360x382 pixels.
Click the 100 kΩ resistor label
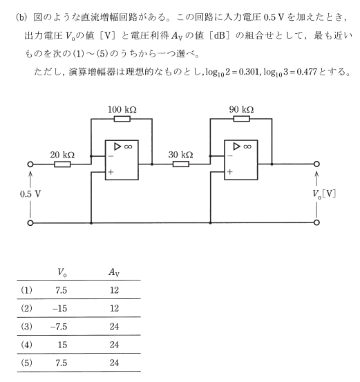[x=122, y=109]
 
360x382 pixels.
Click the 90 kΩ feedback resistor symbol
[x=241, y=119]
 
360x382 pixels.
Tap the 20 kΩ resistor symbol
[x=62, y=164]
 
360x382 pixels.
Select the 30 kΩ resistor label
[x=180, y=155]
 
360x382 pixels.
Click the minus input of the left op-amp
[x=111, y=156]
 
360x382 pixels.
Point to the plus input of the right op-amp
[x=230, y=172]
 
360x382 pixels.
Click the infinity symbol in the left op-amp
[x=129, y=146]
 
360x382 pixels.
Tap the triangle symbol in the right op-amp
[x=236, y=146]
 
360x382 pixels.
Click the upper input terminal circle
[x=30, y=164]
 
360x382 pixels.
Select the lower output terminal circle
[x=316, y=222]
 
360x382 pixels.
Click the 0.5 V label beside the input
[x=30, y=194]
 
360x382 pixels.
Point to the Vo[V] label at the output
[x=324, y=194]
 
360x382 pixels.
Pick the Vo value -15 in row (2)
[x=60, y=308]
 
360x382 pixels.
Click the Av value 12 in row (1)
[x=114, y=290]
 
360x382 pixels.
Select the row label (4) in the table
[x=26, y=345]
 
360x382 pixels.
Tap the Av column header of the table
[x=114, y=272]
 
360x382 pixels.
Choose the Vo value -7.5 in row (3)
[x=59, y=327]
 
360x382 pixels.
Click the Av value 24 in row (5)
[x=114, y=363]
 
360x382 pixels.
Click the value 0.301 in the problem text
[x=248, y=72]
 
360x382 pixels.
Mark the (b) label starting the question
[x=21, y=17]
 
